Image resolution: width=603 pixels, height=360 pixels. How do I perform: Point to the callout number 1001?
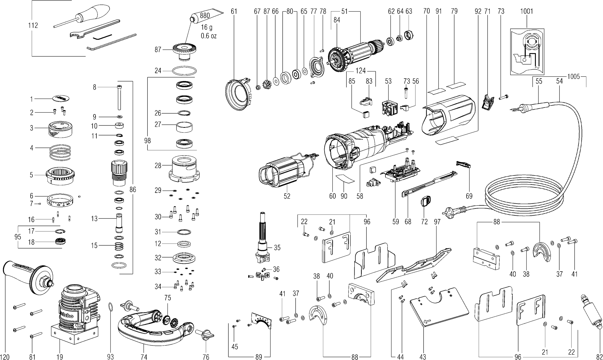[x=526, y=11]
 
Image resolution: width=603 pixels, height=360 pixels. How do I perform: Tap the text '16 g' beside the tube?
[x=207, y=27]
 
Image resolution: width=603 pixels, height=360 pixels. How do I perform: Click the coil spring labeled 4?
[x=60, y=152]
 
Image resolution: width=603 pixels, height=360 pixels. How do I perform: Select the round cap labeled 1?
[x=62, y=98]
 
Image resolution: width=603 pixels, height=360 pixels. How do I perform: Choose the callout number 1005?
[x=573, y=76]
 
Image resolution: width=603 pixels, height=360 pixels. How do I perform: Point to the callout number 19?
[x=60, y=357]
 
